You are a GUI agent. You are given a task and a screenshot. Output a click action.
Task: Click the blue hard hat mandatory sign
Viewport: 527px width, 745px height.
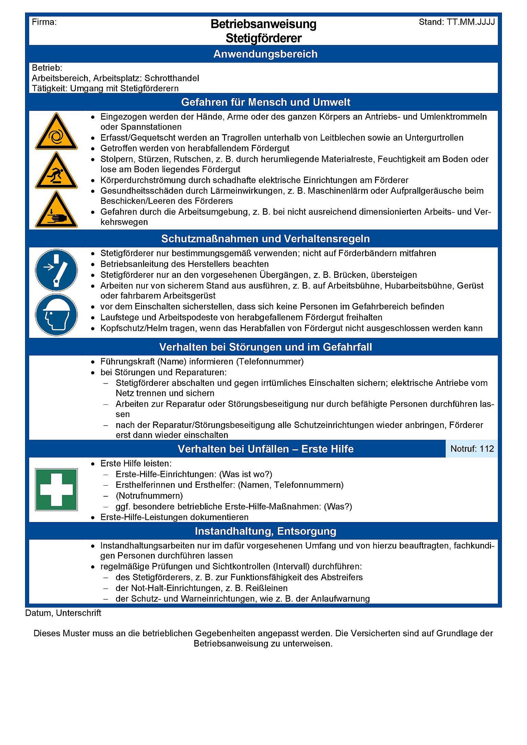point(56,315)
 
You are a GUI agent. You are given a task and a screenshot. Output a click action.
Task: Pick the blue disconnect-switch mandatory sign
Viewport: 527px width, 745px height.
point(56,270)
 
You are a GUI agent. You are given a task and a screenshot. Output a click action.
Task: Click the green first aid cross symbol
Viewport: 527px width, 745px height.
point(56,489)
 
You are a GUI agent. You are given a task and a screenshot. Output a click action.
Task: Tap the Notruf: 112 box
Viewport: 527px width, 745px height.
point(472,449)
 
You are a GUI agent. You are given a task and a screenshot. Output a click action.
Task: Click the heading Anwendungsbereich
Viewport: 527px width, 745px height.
point(265,54)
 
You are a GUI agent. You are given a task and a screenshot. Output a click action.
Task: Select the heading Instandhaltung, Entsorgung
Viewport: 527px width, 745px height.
point(265,531)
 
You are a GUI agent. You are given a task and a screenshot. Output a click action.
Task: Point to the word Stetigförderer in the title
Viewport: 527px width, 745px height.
point(263,38)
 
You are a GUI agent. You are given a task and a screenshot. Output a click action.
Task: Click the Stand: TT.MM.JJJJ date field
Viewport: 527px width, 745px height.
point(457,22)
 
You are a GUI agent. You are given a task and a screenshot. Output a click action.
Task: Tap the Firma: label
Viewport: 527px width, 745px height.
point(44,22)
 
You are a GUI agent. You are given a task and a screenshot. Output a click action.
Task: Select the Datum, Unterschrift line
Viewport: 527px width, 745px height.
point(63,613)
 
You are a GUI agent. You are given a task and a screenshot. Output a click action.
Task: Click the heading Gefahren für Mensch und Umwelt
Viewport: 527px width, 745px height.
point(265,102)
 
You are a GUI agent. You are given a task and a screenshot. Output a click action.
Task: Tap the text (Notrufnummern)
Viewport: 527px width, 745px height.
point(149,496)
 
